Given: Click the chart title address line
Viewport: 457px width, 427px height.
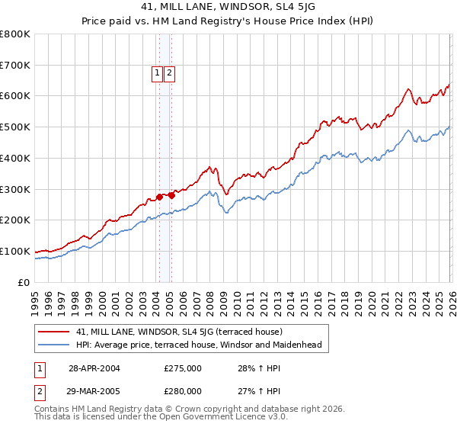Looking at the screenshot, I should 228,7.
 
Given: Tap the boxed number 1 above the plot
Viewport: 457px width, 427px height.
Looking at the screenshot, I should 157,73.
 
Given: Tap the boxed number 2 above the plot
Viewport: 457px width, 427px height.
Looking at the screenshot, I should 168,73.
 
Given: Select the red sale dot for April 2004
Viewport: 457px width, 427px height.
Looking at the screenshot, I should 159,197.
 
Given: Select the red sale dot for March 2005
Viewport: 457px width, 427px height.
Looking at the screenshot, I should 171,195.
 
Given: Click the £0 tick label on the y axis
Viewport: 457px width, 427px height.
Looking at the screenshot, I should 24,282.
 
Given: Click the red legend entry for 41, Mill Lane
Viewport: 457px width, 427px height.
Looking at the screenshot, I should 179,332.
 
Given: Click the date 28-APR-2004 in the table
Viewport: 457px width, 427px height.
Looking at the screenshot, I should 94,368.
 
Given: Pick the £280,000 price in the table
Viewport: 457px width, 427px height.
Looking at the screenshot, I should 183,390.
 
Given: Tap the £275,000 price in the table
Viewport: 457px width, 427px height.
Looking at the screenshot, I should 183,368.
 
